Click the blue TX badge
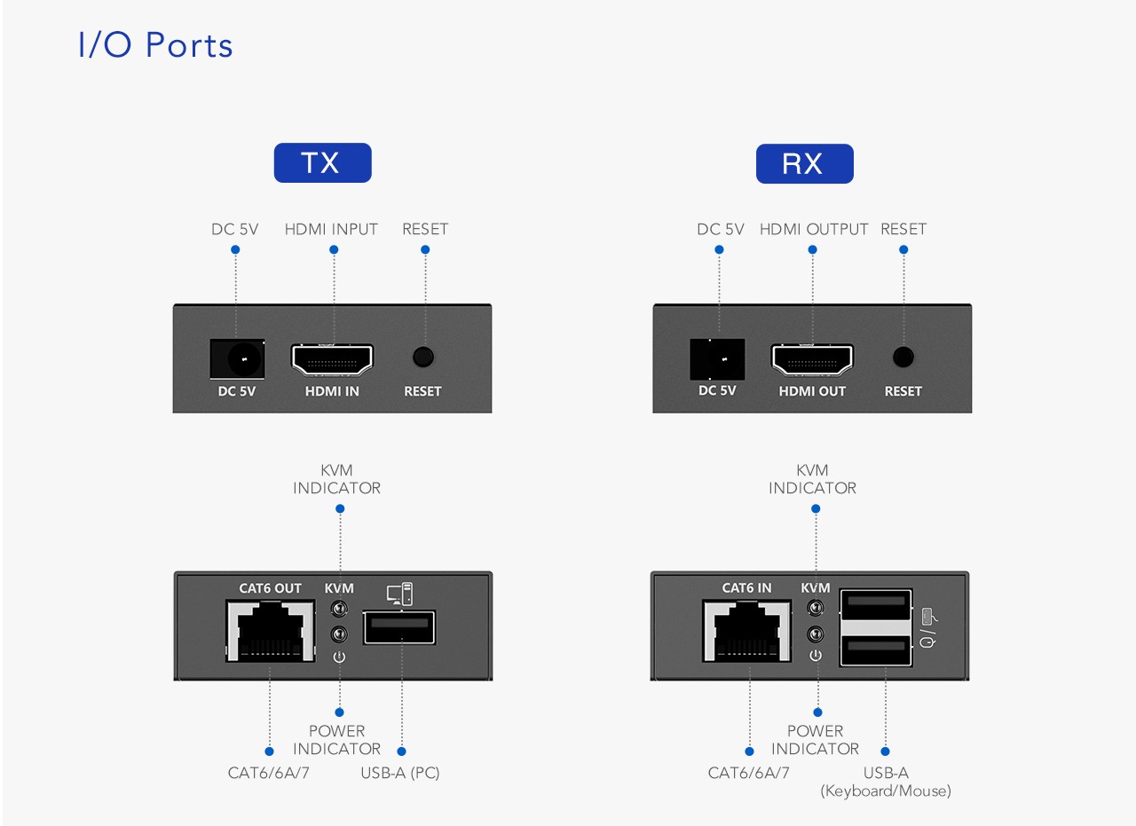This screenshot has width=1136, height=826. point(322,163)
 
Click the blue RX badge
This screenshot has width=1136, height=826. point(804,164)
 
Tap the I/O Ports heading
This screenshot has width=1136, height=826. point(156,45)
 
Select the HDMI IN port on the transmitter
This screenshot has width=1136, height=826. point(333,359)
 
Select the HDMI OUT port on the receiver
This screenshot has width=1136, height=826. point(812,359)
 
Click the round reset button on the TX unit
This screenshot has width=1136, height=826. point(423,357)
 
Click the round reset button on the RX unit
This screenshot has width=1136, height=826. point(903,357)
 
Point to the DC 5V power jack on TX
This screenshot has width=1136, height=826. point(237,358)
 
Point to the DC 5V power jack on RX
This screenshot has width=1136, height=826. point(718,358)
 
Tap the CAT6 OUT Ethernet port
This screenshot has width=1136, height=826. point(271,630)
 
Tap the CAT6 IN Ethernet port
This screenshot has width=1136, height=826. point(746,630)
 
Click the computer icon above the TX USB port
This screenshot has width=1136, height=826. point(399,594)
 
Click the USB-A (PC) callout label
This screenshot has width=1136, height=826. point(399,773)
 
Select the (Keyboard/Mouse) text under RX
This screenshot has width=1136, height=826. point(885,791)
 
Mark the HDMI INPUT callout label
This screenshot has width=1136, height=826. point(331,229)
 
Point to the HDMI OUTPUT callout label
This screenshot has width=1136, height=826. point(814,229)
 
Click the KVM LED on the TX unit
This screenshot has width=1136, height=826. point(338,610)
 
